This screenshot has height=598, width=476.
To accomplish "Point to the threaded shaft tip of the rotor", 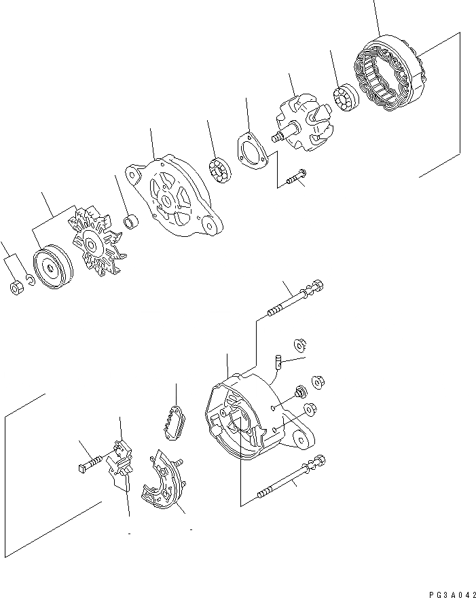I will [277, 138].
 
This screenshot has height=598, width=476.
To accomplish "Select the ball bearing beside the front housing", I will [220, 170].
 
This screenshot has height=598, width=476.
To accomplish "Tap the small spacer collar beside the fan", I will [132, 222].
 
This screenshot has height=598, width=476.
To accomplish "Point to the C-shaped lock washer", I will [30, 280].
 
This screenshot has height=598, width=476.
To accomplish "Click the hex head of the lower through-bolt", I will [320, 461].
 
